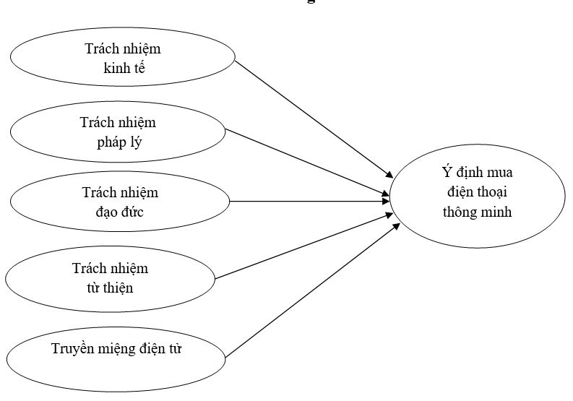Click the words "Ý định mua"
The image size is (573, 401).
[477, 174]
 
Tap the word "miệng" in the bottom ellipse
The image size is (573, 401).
[123, 351]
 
